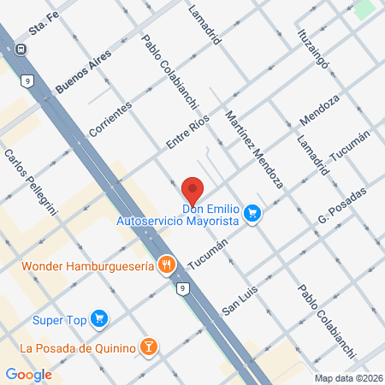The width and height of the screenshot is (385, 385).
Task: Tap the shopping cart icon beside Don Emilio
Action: [252, 212]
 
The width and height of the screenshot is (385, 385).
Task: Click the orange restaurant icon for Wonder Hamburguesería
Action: [168, 266]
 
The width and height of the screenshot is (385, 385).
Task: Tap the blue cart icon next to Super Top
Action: [100, 319]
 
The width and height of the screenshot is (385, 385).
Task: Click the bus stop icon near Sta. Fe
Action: [20, 48]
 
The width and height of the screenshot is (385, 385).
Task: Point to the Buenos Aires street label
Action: [83, 70]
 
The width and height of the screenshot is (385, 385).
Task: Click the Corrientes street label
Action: [110, 120]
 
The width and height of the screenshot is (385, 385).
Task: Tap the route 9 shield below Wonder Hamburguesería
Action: [182, 289]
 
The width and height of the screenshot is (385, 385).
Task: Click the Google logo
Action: [28, 374]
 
